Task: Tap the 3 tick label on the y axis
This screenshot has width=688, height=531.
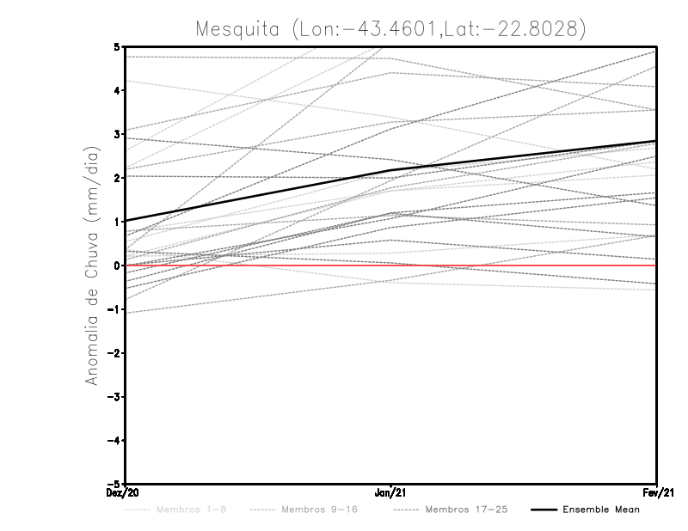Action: pyautogui.click(x=116, y=134)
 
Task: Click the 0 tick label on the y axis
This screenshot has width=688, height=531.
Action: pyautogui.click(x=116, y=265)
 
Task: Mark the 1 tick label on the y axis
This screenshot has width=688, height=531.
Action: pyautogui.click(x=116, y=222)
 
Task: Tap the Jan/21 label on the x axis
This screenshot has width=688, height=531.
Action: pyautogui.click(x=391, y=493)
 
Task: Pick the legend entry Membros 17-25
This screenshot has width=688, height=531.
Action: pyautogui.click(x=466, y=510)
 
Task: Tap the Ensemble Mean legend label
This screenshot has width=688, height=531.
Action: pyautogui.click(x=601, y=510)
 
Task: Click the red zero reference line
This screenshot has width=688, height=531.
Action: pyautogui.click(x=516, y=265)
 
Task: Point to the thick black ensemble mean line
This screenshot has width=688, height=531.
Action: pyautogui.click(x=258, y=196)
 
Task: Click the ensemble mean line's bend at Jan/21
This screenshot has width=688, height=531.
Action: pyautogui.click(x=391, y=171)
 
